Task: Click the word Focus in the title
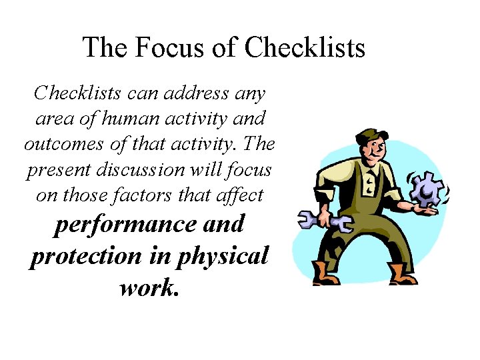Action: coord(160,48)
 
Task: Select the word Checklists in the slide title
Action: coord(305,48)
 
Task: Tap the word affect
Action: coord(239,195)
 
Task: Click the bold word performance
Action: coord(125,224)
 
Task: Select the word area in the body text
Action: coord(49,119)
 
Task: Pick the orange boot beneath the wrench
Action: coord(327,273)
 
